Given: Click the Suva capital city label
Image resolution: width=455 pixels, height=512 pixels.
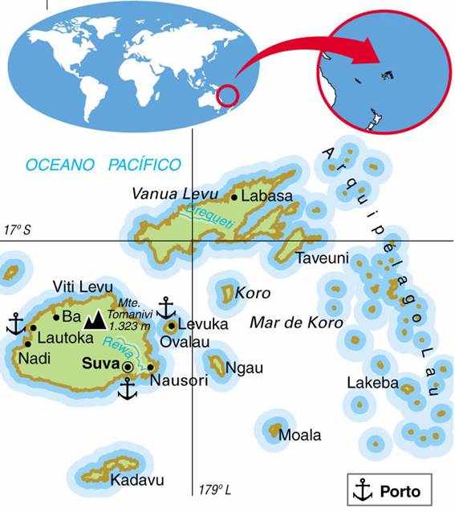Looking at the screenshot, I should [100, 363].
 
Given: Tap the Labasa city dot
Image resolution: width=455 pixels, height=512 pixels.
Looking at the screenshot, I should [234, 197].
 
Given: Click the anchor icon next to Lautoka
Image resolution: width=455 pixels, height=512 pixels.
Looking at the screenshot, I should [15, 323].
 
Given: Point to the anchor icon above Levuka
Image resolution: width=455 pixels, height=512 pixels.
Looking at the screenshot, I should [165, 307].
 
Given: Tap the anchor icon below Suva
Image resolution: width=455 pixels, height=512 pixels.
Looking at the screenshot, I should [127, 389].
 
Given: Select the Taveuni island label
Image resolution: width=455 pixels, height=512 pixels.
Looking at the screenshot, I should [322, 258].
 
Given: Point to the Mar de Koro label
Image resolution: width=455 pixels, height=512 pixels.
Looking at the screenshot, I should [297, 323].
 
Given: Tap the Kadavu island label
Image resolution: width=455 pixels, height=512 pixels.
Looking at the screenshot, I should [137, 480].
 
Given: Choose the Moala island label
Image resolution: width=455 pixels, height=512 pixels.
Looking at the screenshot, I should [299, 435].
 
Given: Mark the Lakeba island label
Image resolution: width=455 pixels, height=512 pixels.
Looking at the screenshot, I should [372, 383].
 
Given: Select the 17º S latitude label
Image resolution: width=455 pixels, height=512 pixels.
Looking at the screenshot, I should [18, 230].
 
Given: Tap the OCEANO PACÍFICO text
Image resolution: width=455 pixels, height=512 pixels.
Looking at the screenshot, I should [104, 165].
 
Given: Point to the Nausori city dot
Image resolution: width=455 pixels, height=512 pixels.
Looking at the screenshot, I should [150, 368].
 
